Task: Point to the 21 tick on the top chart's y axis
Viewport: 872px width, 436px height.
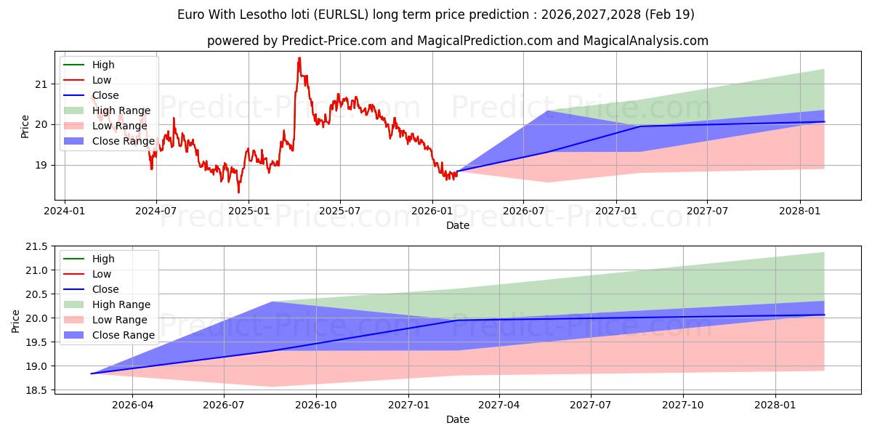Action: click(41, 84)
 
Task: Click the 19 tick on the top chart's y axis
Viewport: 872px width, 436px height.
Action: click(41, 165)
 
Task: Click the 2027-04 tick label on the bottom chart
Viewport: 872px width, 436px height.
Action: click(499, 405)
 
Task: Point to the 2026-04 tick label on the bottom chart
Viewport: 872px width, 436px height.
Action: click(133, 405)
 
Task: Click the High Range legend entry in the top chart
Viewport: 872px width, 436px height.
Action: click(121, 110)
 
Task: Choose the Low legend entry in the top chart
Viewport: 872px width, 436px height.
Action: click(102, 80)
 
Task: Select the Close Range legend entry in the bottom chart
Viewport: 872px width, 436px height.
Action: click(123, 335)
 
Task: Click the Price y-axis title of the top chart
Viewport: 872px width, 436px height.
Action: click(25, 126)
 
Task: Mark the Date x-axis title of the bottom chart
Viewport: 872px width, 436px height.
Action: click(458, 419)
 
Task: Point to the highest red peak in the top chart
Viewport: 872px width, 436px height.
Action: click(299, 58)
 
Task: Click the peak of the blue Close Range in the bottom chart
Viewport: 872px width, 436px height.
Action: click(271, 302)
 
